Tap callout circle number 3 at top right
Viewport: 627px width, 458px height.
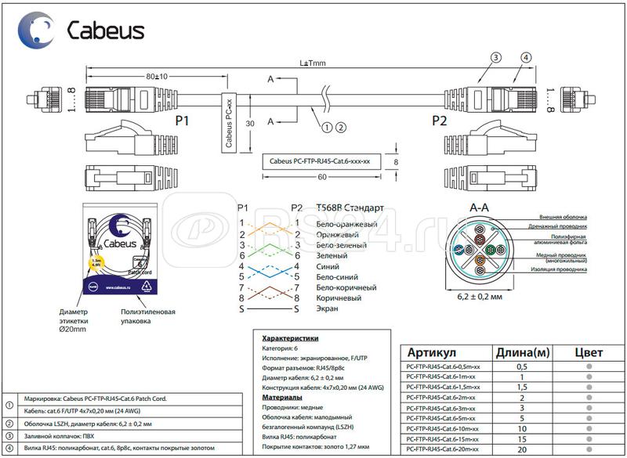(495, 58)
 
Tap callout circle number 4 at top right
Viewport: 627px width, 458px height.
(525, 58)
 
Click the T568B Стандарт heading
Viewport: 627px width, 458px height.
(350, 208)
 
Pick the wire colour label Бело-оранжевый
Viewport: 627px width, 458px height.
(346, 224)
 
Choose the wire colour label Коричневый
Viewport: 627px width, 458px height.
(339, 298)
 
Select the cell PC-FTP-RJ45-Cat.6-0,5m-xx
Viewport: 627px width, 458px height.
(441, 366)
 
